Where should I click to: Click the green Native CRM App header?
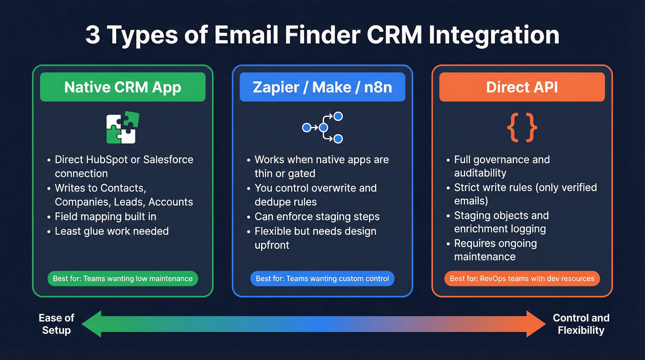click(x=123, y=87)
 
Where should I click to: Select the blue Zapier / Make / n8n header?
click(x=322, y=87)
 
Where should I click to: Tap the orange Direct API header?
click(x=522, y=87)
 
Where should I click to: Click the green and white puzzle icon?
click(x=123, y=128)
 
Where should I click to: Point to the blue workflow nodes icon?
click(x=322, y=127)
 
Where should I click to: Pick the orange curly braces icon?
click(x=522, y=127)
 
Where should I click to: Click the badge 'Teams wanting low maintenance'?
click(x=123, y=278)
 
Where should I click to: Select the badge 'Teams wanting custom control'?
click(x=322, y=278)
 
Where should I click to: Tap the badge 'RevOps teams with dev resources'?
click(x=522, y=278)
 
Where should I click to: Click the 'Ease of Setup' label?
click(x=56, y=324)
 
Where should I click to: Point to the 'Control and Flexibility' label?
click(x=581, y=324)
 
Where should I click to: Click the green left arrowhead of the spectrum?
click(x=92, y=324)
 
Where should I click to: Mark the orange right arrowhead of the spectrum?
click(x=535, y=324)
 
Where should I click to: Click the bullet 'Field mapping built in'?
click(x=106, y=216)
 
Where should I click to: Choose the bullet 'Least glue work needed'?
click(x=111, y=231)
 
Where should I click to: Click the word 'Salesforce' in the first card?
click(x=168, y=159)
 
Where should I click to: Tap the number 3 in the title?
click(x=93, y=35)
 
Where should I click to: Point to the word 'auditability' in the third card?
click(x=480, y=173)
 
